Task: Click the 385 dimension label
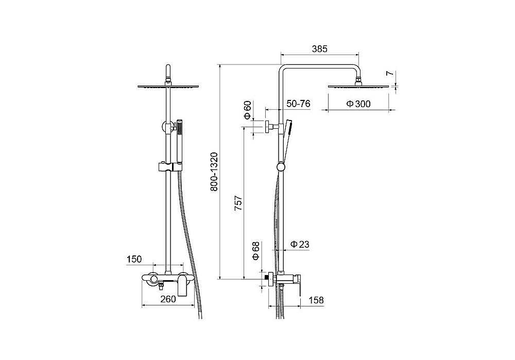(x=320, y=48)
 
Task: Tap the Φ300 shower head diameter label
(x=358, y=104)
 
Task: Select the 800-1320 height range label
(x=214, y=172)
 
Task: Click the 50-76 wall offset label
(x=298, y=104)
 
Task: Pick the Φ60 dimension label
(x=247, y=110)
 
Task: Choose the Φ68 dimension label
(x=256, y=251)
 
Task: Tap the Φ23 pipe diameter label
(x=300, y=244)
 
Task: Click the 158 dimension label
(x=316, y=300)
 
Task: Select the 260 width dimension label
(x=168, y=299)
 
